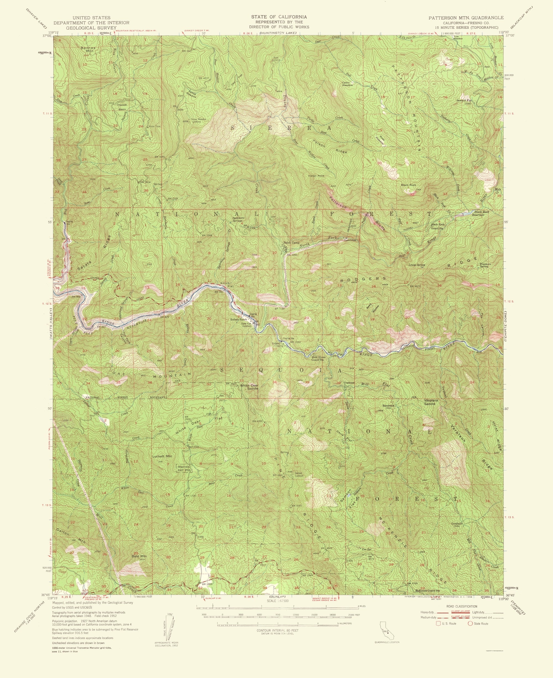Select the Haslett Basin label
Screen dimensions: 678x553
point(122,106)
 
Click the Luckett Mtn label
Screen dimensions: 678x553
point(163,456)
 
